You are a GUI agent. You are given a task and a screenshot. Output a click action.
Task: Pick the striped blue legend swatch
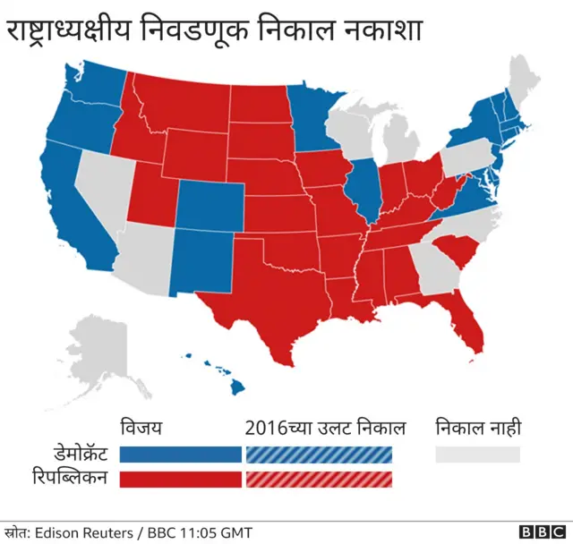tap(320, 455)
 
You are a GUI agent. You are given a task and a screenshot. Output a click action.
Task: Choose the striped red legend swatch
tap(320, 479)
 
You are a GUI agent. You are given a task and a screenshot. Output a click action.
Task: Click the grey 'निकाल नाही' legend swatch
tap(477, 455)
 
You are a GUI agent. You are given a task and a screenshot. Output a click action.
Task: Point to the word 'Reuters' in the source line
tap(110, 532)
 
